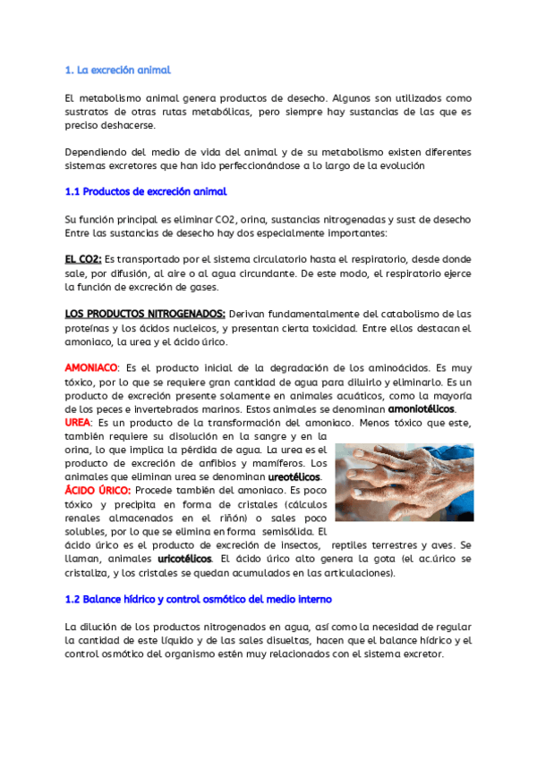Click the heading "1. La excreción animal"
coord(118,70)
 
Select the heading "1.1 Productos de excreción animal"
coord(146,191)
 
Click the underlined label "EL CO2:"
coord(83,259)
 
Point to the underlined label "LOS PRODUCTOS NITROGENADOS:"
coord(145,314)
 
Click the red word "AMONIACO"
coord(91,368)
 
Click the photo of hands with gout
coord(410,483)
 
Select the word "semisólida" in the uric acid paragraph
coord(277,532)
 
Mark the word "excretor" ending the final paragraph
coord(422,654)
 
